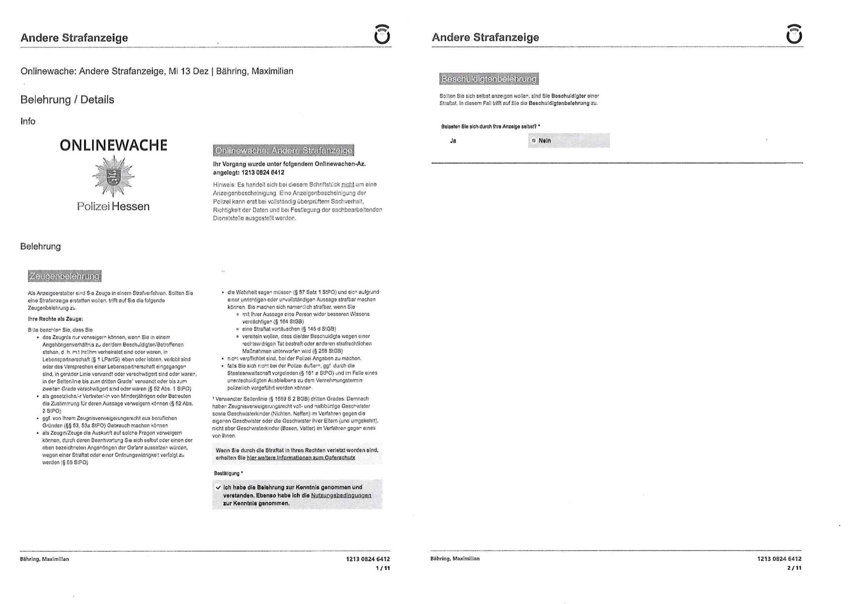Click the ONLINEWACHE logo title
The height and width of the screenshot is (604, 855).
coord(113,146)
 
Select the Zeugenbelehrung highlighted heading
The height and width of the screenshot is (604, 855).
coord(65,276)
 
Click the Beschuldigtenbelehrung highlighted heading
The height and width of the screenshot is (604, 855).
coord(488,79)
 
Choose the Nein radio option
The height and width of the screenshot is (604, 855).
coord(533,141)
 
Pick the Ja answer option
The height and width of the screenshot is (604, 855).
coord(453,141)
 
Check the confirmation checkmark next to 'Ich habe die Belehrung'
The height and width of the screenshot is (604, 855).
coord(218,488)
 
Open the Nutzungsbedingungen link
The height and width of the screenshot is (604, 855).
coord(341,496)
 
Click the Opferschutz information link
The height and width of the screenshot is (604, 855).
coord(300,458)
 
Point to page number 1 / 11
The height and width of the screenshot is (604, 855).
coord(383,568)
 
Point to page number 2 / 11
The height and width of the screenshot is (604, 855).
coord(795,568)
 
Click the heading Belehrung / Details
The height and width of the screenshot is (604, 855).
coord(67,100)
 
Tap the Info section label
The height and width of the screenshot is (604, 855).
coord(28,121)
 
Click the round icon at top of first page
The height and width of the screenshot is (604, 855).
coord(382,35)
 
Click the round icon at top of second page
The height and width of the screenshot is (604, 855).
coord(794,35)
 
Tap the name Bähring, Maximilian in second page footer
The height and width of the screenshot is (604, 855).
coord(455,559)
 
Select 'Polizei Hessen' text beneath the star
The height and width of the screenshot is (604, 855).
coord(113,207)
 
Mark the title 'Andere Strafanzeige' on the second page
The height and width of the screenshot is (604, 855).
coord(485,37)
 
